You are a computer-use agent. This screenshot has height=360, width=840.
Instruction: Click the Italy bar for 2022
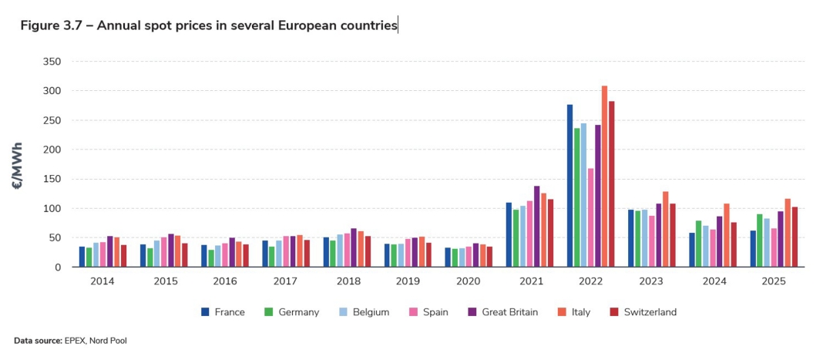[x=605, y=177]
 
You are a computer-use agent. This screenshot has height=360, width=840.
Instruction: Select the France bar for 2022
[x=570, y=186]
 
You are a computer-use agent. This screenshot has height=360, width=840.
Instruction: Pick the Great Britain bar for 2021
[x=536, y=227]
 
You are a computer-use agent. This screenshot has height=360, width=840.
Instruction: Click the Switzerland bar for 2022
[x=612, y=184]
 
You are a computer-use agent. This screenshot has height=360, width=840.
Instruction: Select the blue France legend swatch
[x=205, y=312]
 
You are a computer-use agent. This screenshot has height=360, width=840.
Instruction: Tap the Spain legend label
[x=435, y=312]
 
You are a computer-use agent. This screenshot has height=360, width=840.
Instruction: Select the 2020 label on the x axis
[x=469, y=282]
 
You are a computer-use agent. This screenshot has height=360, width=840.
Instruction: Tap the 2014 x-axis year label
[x=102, y=282]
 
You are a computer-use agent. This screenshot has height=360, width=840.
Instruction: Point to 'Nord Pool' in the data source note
[x=112, y=340]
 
